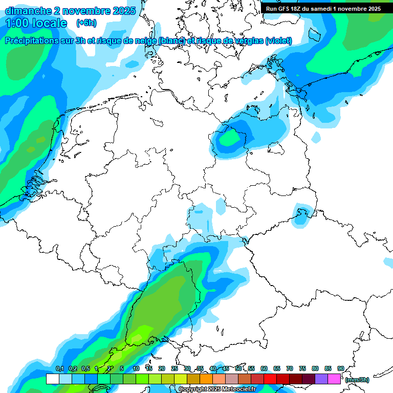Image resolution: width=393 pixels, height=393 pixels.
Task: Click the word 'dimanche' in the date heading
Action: click(x=29, y=11)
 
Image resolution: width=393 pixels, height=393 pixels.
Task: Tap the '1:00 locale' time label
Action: click(x=36, y=23)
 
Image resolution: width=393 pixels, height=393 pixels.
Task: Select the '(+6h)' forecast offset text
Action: click(x=86, y=23)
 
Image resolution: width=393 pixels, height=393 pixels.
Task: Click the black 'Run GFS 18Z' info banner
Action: click(x=323, y=9)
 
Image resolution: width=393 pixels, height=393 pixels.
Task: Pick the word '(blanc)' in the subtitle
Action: click(x=172, y=41)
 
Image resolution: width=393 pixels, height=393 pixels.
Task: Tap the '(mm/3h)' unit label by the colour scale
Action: click(x=357, y=380)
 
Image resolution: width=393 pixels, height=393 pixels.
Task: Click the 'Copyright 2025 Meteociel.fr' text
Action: click(x=217, y=389)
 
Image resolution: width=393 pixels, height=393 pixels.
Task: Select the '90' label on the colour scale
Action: click(x=340, y=368)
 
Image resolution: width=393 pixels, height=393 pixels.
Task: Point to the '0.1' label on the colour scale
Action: click(x=59, y=368)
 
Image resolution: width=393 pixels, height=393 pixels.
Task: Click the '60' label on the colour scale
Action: click(x=264, y=368)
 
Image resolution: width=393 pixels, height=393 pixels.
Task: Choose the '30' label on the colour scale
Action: click(x=187, y=368)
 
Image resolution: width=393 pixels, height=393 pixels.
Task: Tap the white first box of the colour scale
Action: click(x=52, y=379)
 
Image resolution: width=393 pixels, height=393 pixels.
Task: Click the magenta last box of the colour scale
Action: click(x=334, y=379)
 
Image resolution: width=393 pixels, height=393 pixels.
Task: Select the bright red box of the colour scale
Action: click(x=270, y=379)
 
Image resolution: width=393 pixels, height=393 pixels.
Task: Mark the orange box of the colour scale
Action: click(x=206, y=379)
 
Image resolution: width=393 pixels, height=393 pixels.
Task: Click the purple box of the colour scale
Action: click(x=321, y=379)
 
